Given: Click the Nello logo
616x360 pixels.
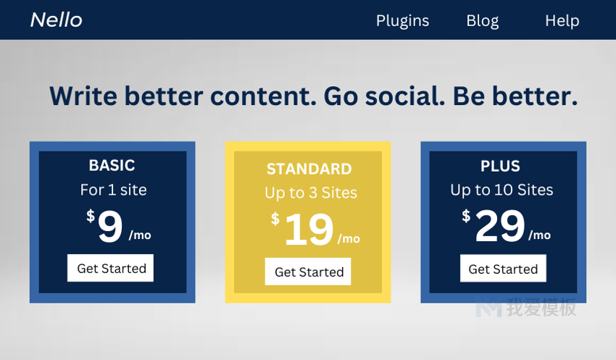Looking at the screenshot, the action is coord(57,20).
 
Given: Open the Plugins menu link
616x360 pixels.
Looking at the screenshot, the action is coord(402,21).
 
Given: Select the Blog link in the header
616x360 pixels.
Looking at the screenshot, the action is coord(483,21).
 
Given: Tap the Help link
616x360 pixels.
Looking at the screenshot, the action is coord(562,21).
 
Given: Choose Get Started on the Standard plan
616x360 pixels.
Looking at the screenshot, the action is coord(308,272).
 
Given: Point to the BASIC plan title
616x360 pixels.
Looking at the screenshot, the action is coord(112,165).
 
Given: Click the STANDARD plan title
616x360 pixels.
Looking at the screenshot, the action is coord(309,169).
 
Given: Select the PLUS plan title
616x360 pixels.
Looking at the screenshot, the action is coord(500,166).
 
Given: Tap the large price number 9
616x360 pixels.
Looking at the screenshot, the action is coord(110,226).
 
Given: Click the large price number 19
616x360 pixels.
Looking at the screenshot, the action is coord(309,230).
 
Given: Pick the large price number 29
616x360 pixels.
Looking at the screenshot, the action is coord(500,226).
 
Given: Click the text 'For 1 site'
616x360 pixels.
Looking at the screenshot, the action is coord(114,190).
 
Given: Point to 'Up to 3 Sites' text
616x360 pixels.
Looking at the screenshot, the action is coord(311,193).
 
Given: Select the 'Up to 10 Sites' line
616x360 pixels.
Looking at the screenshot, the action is coord(501,191).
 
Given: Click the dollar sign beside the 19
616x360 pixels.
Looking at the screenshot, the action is coord(275,219).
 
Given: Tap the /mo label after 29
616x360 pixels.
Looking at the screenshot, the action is coord(539,235).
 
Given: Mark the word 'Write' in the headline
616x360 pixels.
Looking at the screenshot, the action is coord(83,96).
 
